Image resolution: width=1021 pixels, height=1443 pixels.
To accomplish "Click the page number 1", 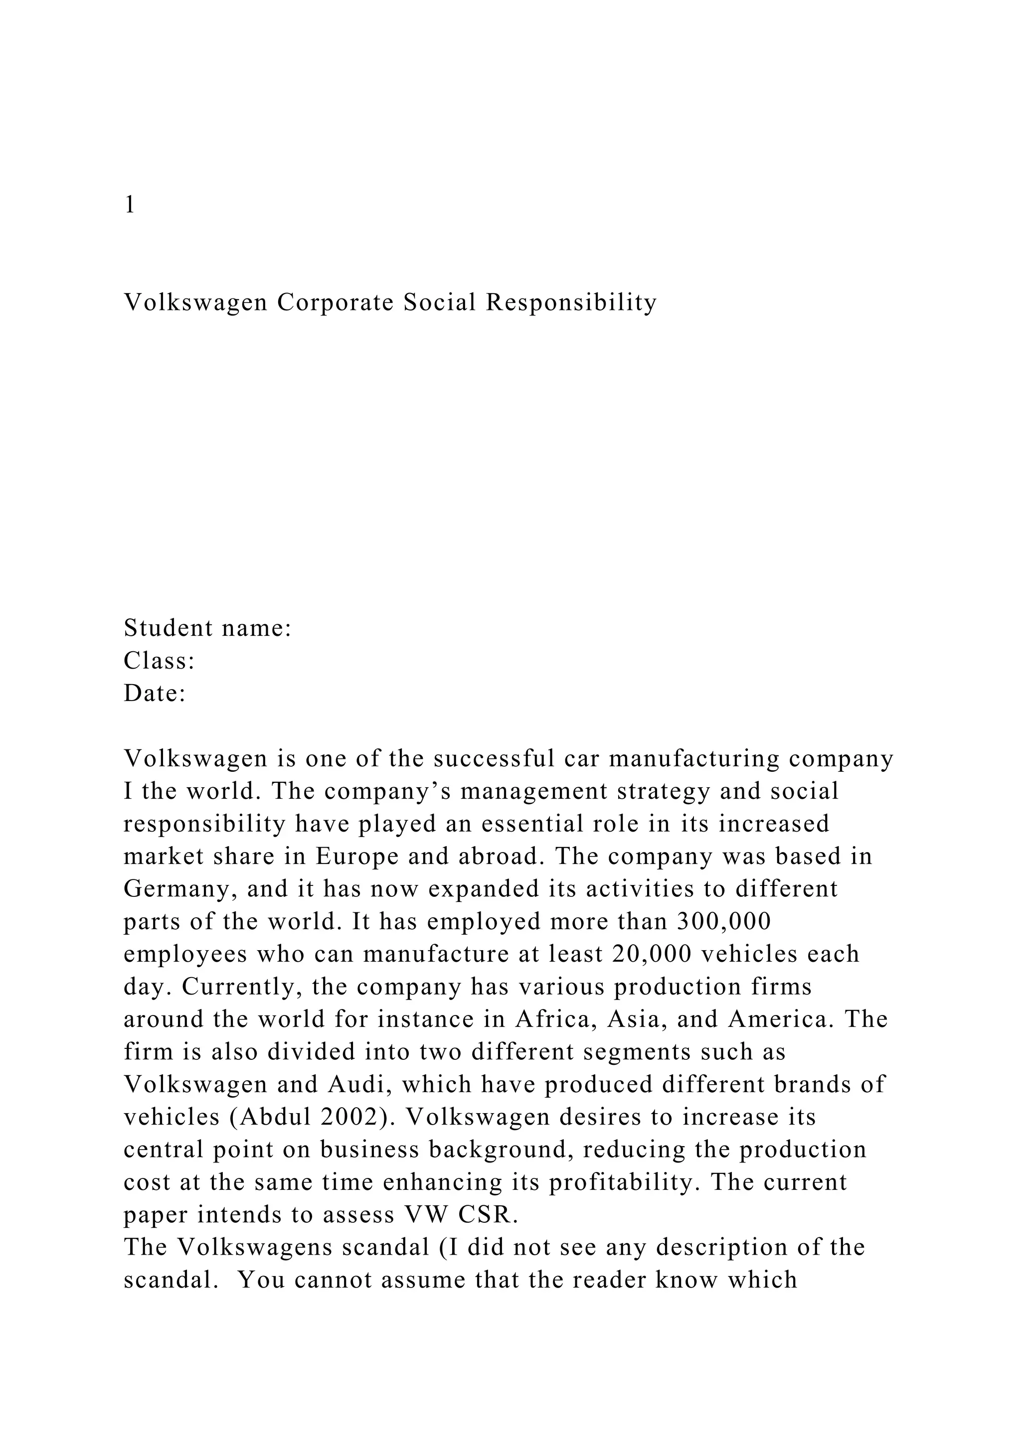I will pyautogui.click(x=130, y=205).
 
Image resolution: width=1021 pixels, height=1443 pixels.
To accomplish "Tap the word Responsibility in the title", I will pyautogui.click(x=570, y=302).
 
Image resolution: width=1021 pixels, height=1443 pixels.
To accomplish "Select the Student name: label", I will pyautogui.click(x=207, y=628).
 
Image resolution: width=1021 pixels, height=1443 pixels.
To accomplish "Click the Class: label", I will pyautogui.click(x=159, y=661).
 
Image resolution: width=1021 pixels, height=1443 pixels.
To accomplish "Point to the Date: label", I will pyautogui.click(x=155, y=693).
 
